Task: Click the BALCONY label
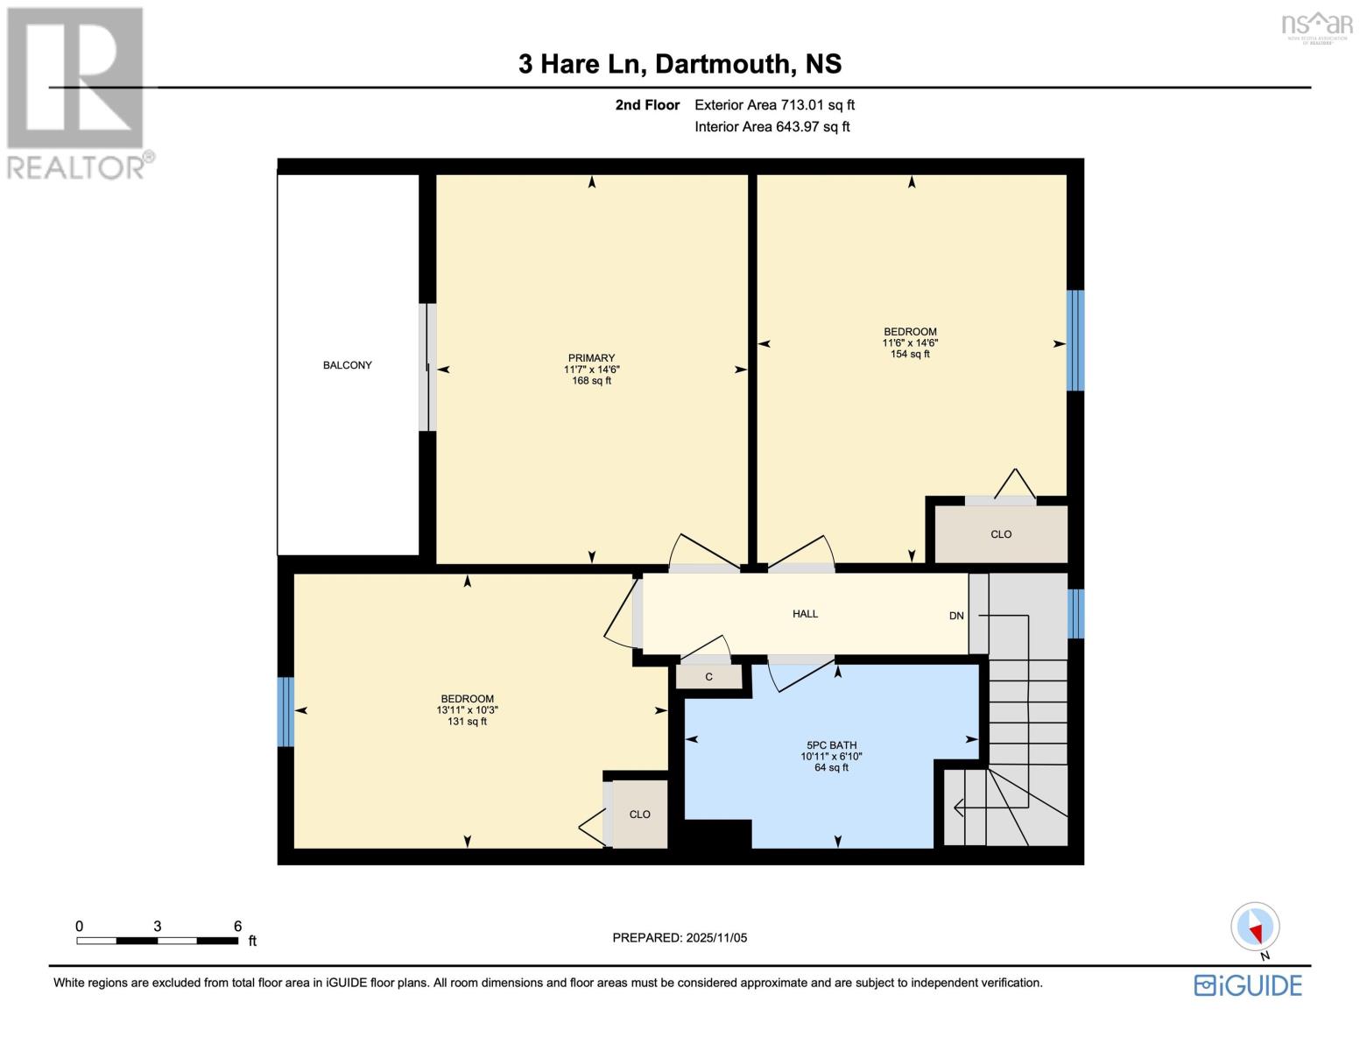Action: [x=347, y=365]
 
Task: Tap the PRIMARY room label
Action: [x=591, y=358]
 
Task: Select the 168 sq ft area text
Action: [x=591, y=381]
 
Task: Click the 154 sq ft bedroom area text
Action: [x=910, y=355]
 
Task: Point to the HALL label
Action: [x=805, y=614]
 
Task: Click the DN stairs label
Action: [x=956, y=616]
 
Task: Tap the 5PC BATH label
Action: [x=831, y=745]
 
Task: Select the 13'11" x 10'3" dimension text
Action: [x=467, y=710]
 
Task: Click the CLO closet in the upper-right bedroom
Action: [x=1000, y=534]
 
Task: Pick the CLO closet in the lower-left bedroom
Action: [x=639, y=815]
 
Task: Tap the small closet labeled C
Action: [x=708, y=677]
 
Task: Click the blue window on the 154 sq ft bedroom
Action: [x=1075, y=340]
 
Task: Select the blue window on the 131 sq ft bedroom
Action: [x=285, y=711]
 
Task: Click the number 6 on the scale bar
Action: [x=237, y=926]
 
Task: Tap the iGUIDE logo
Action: [x=1248, y=985]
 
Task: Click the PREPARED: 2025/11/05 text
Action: [x=680, y=938]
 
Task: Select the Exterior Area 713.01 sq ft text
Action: [x=774, y=105]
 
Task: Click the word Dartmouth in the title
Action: [x=721, y=64]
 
